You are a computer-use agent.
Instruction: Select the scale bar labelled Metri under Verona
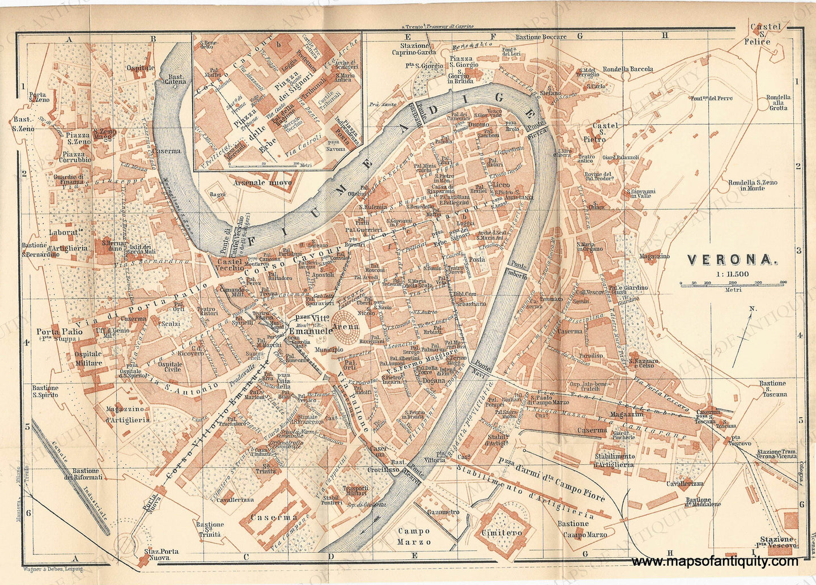731,283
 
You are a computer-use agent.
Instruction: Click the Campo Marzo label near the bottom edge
413,536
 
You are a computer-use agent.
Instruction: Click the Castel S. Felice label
766,35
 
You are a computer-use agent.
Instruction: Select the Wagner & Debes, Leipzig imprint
55,567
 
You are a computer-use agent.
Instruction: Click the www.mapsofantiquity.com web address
715,562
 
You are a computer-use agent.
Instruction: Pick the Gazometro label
443,512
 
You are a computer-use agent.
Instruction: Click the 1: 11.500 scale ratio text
732,274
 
